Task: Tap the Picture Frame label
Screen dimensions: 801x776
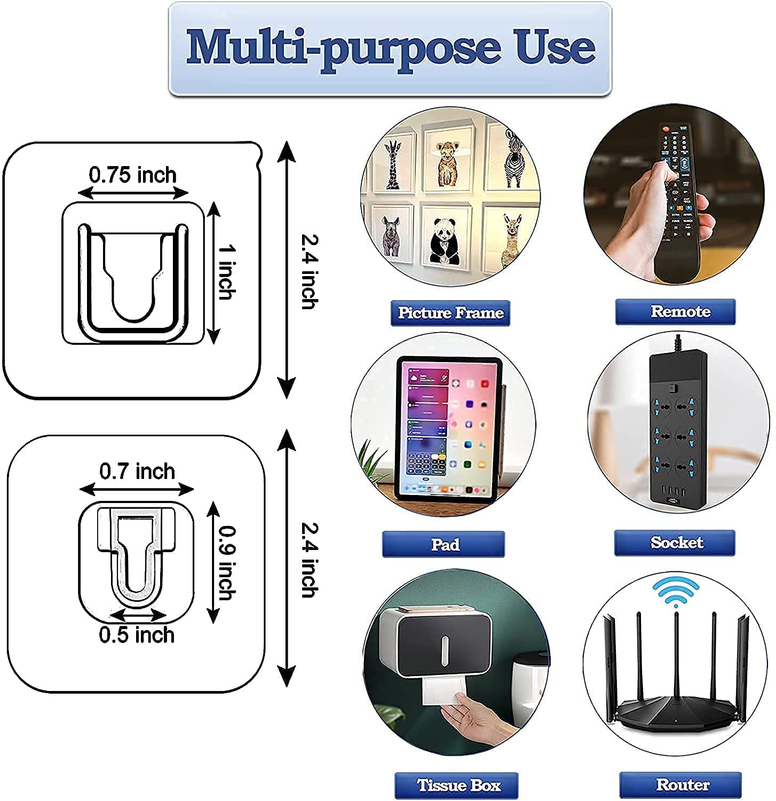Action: tap(450, 312)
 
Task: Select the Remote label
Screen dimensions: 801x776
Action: tap(675, 311)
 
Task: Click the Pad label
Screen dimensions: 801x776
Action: tap(443, 544)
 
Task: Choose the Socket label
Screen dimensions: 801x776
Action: tap(675, 543)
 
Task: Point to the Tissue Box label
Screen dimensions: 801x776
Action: tap(456, 785)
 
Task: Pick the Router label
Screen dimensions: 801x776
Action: tap(680, 784)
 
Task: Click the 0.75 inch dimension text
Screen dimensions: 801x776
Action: tap(132, 175)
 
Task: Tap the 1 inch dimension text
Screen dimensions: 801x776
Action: tap(227, 272)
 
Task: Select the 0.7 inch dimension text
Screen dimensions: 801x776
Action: tap(137, 472)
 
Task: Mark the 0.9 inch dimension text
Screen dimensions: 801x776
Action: tap(227, 562)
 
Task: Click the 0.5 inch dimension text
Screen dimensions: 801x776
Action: tap(137, 635)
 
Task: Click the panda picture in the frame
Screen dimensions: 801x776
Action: tap(444, 239)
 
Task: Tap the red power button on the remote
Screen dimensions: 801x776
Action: tap(666, 129)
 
